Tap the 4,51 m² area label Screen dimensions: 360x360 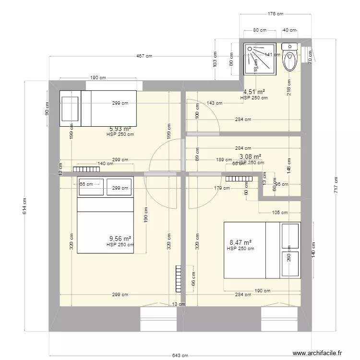[254, 92]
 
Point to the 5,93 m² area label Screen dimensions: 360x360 [120, 129]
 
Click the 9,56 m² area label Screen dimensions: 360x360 [120, 239]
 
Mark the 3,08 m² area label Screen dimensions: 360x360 [250, 156]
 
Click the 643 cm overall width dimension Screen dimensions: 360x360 [180, 355]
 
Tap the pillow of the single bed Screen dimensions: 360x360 [70, 108]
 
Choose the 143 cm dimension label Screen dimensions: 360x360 [215, 103]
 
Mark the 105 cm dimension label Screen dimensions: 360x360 [280, 213]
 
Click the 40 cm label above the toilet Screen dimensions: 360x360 [289, 30]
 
